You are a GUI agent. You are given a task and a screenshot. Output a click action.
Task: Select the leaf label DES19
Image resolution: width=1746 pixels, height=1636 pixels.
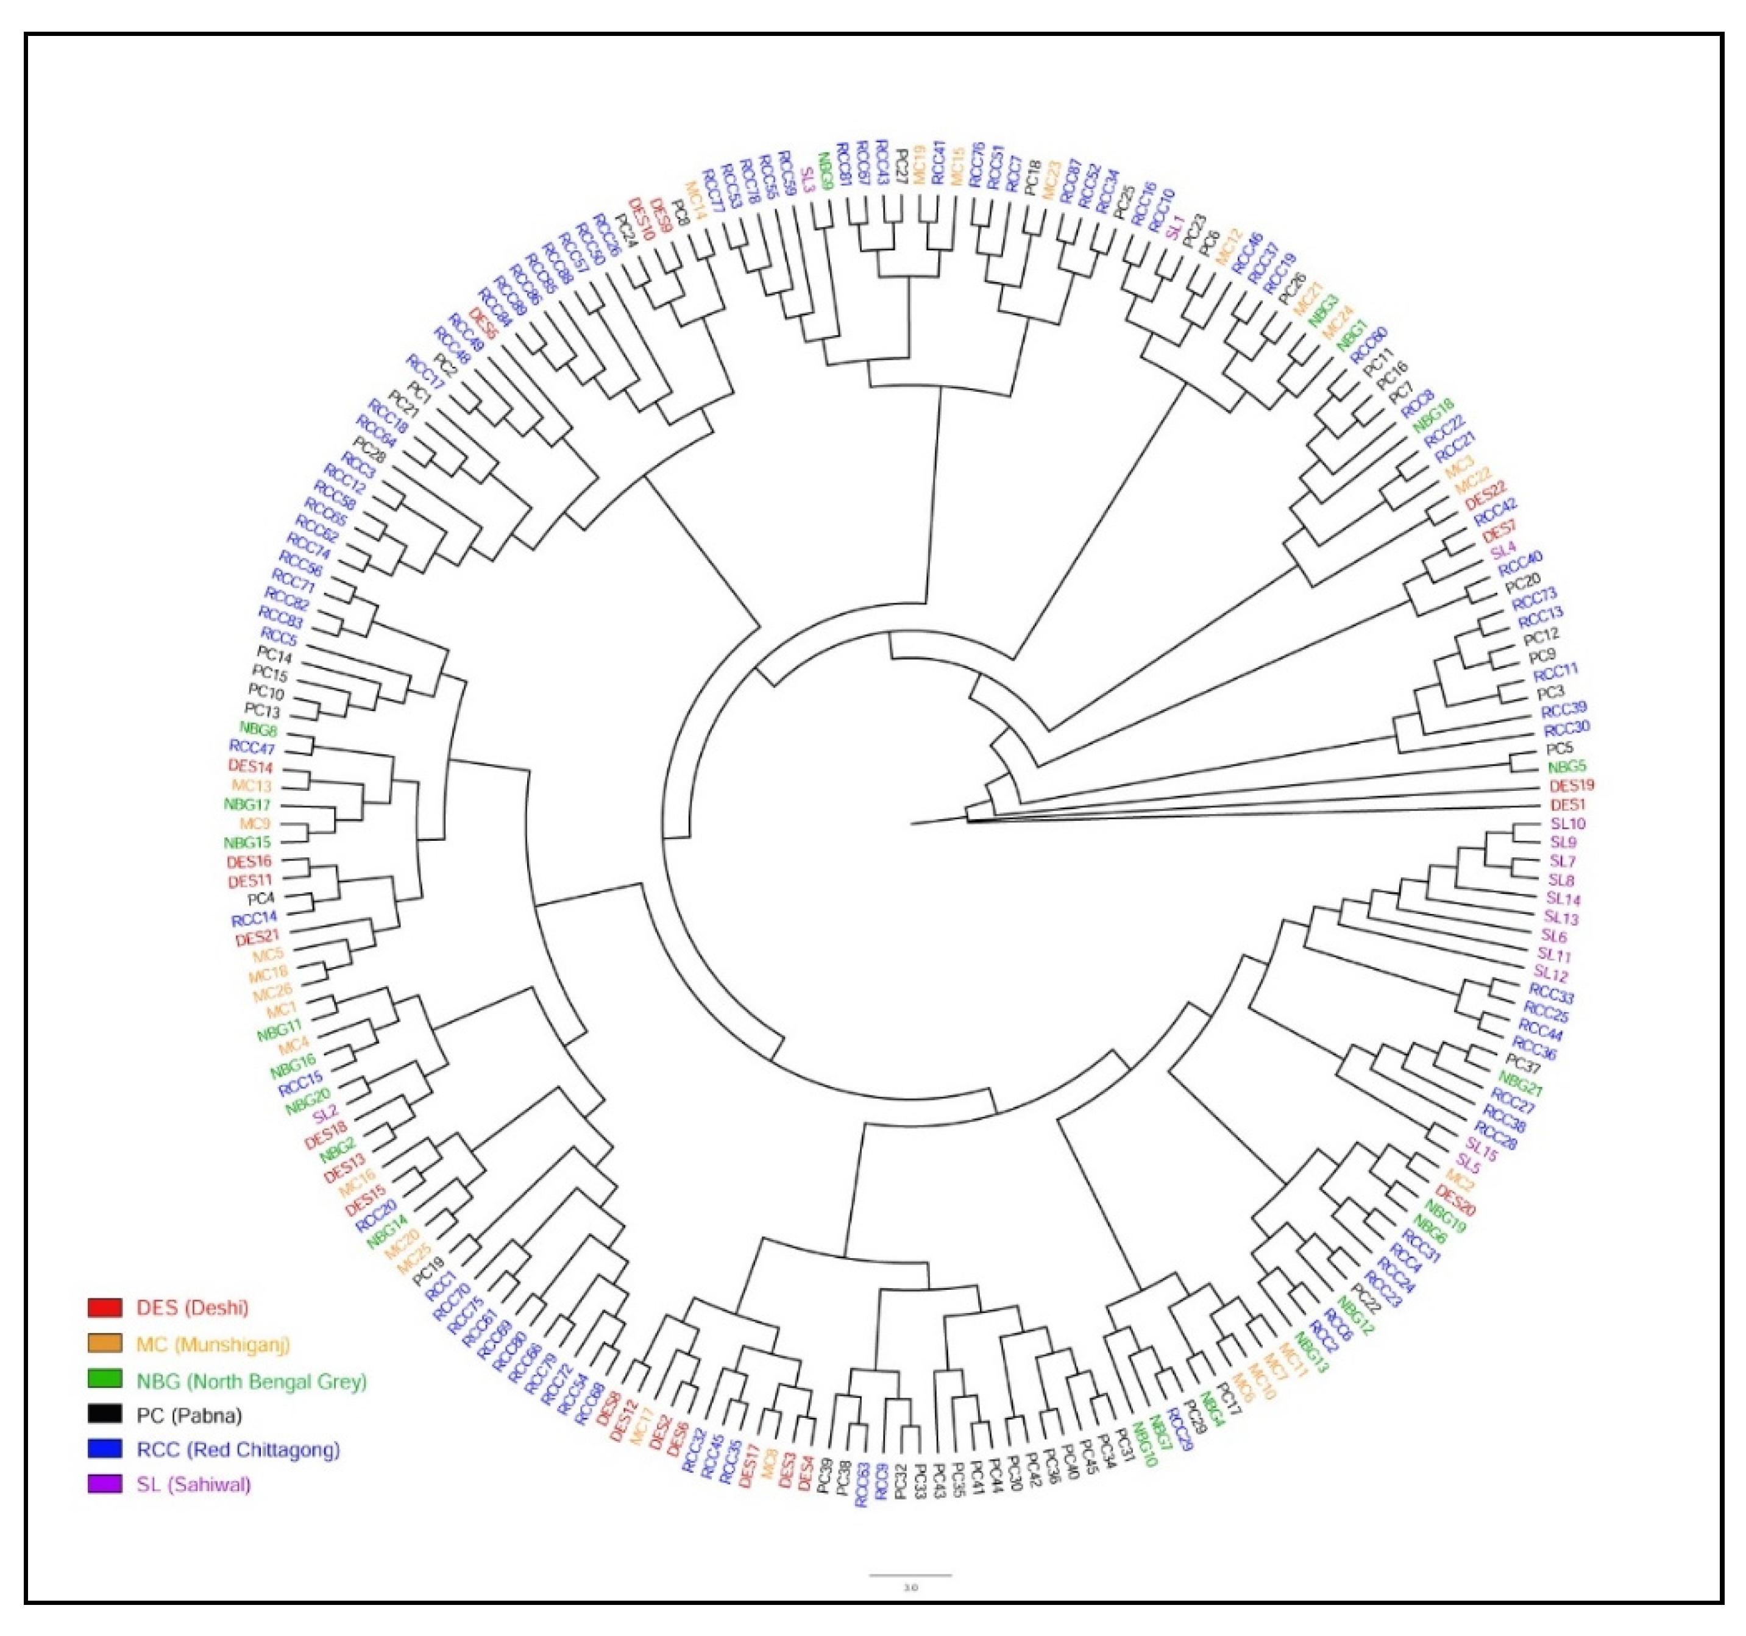click(1571, 785)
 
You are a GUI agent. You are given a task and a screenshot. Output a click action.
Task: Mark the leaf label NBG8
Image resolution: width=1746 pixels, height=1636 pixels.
click(258, 729)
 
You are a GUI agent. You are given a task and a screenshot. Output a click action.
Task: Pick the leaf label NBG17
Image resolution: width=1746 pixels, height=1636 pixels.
click(247, 804)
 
